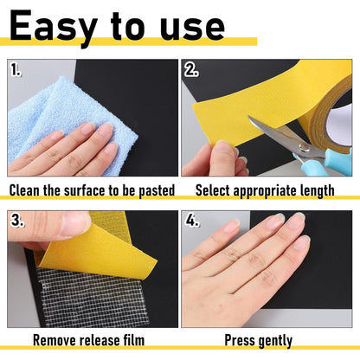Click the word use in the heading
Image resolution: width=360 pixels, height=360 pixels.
pos(192,29)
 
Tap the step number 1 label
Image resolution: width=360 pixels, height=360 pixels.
pos(16,70)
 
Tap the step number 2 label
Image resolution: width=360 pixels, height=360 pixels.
pos(191,70)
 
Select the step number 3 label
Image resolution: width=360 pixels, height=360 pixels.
pos(17,221)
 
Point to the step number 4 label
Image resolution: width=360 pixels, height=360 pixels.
pos(192,221)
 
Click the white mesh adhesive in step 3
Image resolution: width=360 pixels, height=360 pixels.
pos(90,297)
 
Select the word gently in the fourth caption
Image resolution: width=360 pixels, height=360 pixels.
pos(275,342)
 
